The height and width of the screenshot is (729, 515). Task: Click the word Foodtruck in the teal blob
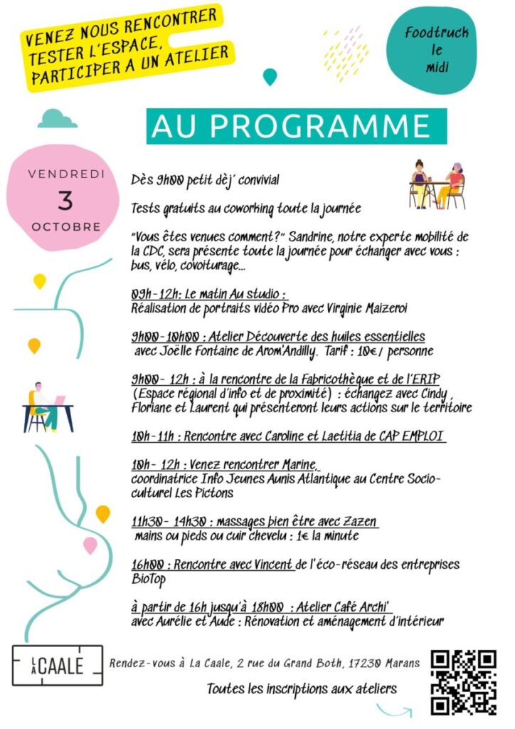pyautogui.click(x=435, y=33)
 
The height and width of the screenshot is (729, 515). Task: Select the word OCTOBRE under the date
pyautogui.click(x=65, y=227)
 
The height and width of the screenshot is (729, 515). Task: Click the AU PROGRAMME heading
pyautogui.click(x=297, y=126)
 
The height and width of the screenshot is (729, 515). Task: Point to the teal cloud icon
pyautogui.click(x=58, y=118)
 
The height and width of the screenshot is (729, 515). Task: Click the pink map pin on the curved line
pyautogui.click(x=90, y=545)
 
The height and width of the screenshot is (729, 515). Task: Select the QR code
pyautogui.click(x=463, y=683)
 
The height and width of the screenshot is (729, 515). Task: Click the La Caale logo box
pyautogui.click(x=58, y=666)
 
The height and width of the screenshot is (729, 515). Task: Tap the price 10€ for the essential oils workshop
pyautogui.click(x=387, y=351)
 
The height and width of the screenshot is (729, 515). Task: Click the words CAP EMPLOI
pyautogui.click(x=410, y=436)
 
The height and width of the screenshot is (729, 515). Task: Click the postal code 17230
pyautogui.click(x=363, y=664)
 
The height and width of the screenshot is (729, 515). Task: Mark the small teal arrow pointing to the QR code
pyautogui.click(x=395, y=710)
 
